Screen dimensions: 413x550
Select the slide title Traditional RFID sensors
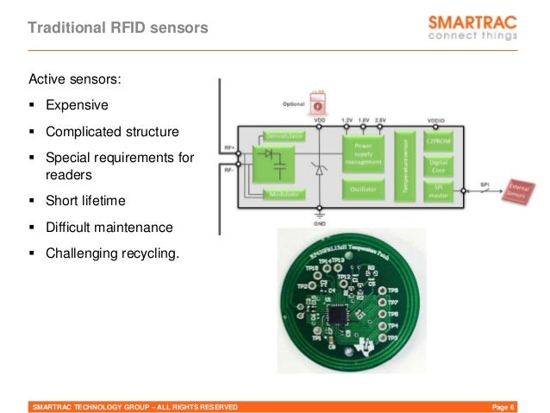118,28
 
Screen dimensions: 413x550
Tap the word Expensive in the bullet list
77,105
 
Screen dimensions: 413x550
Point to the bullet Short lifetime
85,201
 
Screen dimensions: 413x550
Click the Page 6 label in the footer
503,406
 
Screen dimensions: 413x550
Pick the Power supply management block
361,152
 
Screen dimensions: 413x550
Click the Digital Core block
438,166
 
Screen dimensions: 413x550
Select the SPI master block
438,191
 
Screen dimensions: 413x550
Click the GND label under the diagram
319,222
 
